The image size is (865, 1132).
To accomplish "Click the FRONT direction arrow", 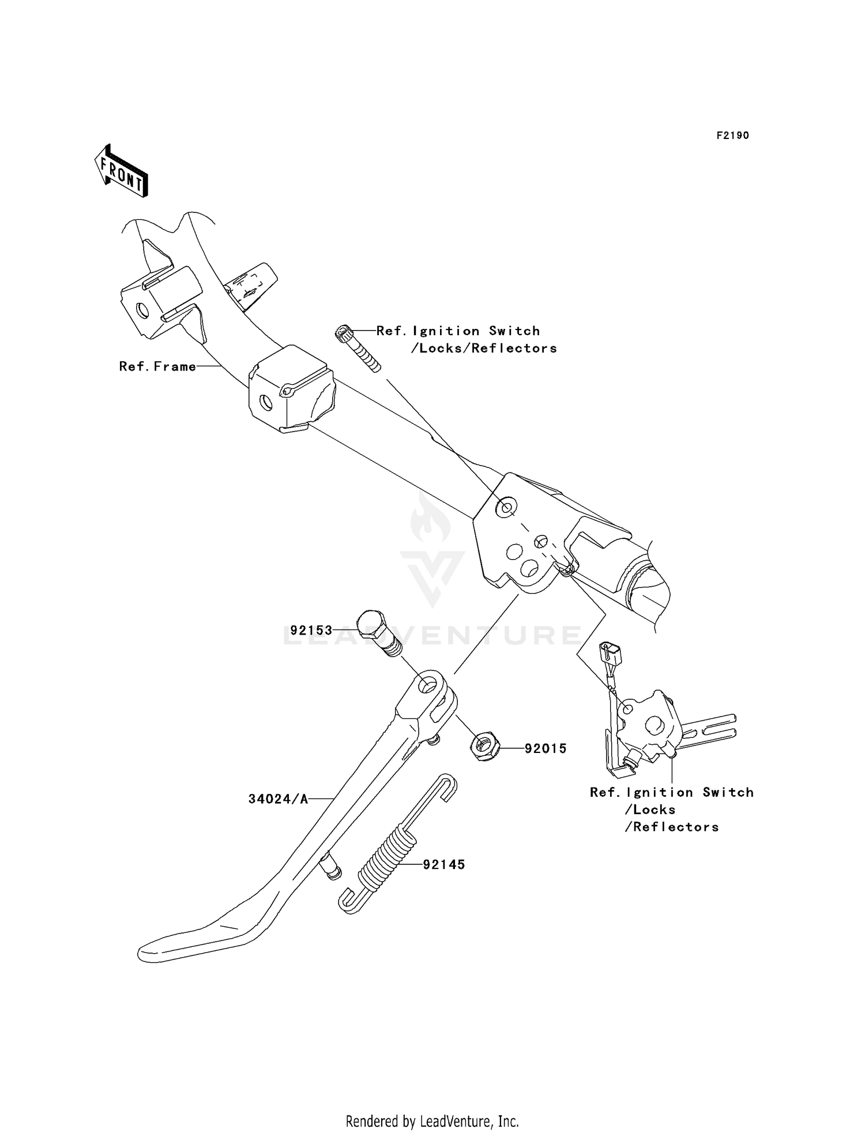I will [122, 171].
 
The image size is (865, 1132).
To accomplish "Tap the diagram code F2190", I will [732, 136].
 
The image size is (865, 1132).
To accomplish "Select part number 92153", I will [311, 630].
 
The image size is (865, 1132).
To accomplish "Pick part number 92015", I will [546, 748].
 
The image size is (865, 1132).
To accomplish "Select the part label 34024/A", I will [279, 799].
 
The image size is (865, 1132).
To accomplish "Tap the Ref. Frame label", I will [157, 366].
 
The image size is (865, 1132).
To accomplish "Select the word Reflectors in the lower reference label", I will [676, 827].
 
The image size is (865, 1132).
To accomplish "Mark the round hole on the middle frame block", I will [266, 402].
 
